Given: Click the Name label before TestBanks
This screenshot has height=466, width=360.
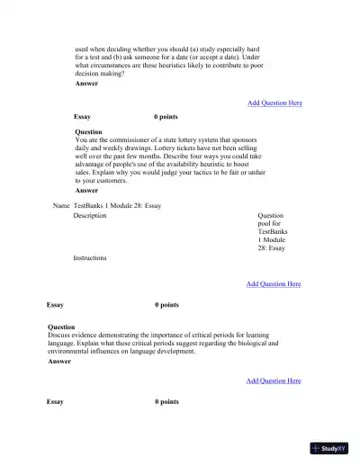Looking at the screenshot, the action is pyautogui.click(x=61, y=205).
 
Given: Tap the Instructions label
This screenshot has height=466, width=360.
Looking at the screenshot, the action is pyautogui.click(x=90, y=258).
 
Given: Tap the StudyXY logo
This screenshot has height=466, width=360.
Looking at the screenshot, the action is pyautogui.click(x=329, y=447).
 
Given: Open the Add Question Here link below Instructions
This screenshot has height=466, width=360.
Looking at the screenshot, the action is pyautogui.click(x=274, y=284).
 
